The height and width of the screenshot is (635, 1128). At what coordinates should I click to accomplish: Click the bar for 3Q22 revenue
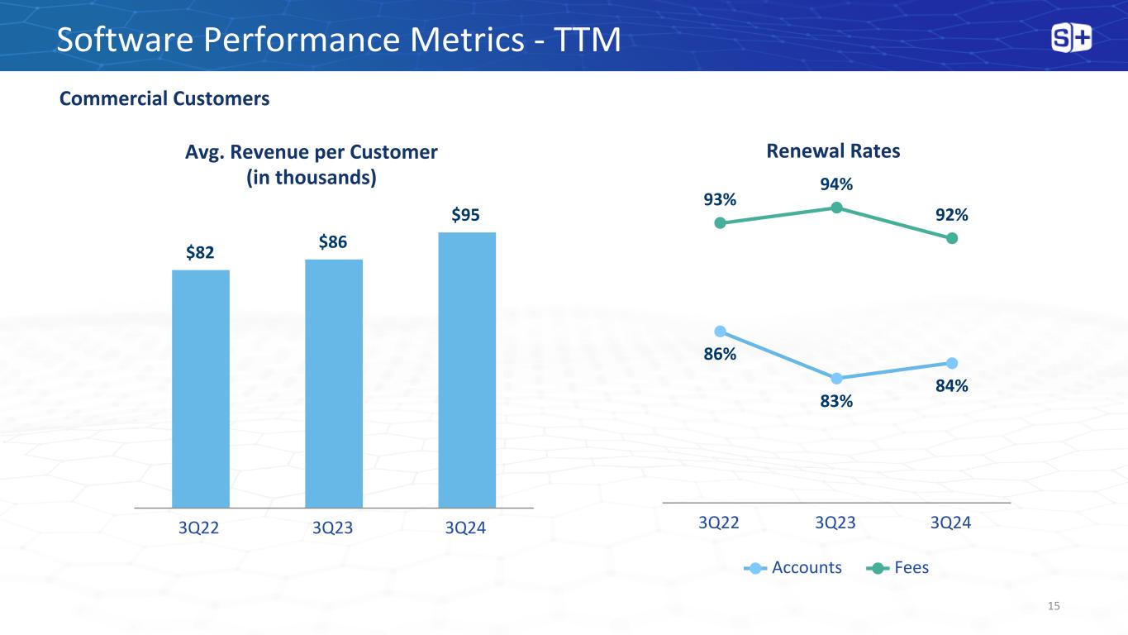coord(201,388)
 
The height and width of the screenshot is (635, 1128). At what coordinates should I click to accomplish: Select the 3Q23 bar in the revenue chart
coord(334,383)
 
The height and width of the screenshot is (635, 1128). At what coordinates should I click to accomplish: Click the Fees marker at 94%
coord(836,208)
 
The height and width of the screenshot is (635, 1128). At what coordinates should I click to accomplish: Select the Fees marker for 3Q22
coord(720,222)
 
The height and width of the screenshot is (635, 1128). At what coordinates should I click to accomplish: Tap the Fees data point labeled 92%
coord(952,238)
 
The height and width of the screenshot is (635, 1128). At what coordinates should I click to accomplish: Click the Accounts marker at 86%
coord(720,332)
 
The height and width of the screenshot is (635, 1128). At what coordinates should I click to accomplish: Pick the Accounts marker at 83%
coord(836,379)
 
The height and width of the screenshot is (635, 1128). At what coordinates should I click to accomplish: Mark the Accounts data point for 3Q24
coord(952,363)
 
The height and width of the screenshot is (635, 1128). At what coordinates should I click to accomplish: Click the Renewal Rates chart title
coord(833,151)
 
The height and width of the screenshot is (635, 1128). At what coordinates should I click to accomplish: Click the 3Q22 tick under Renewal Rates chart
coord(719,523)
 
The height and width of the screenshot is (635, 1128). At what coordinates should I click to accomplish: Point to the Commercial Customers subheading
coord(164,99)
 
